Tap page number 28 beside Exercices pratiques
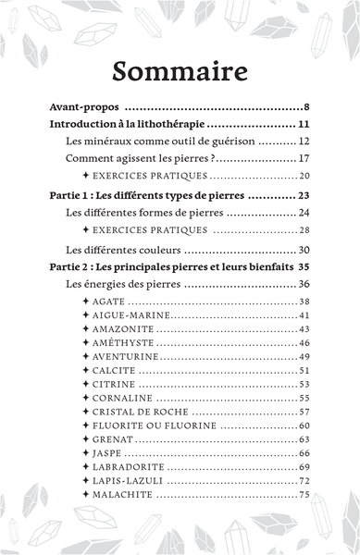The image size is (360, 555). click(304, 229)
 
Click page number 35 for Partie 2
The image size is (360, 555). click(302, 266)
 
